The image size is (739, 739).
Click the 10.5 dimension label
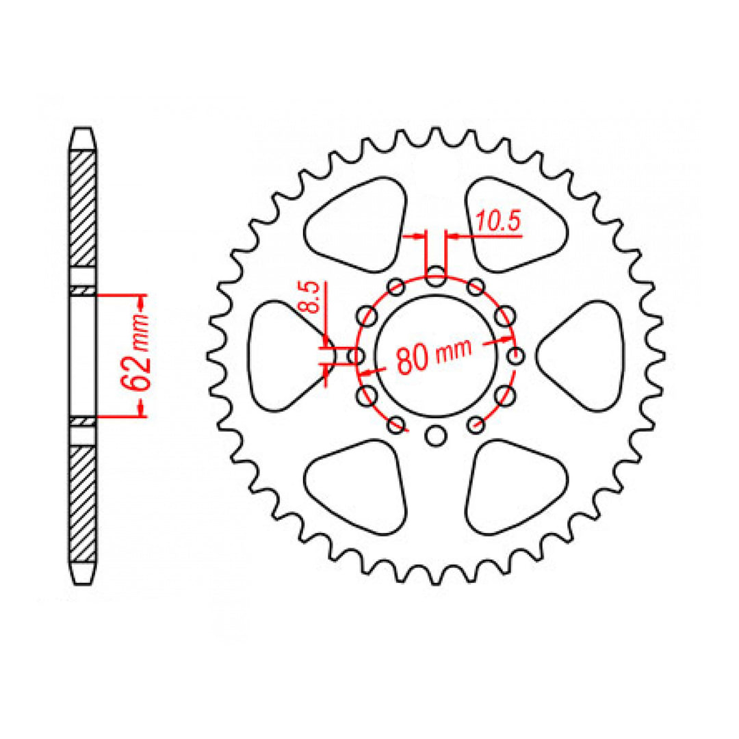pos(498,221)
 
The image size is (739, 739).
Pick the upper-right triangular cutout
pos(517,226)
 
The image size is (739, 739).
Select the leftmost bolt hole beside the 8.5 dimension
pos(356,356)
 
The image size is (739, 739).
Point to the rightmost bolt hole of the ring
pos(515,356)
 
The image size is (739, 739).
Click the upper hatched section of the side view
pos(83,208)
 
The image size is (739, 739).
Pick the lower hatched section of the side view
pos(83,503)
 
